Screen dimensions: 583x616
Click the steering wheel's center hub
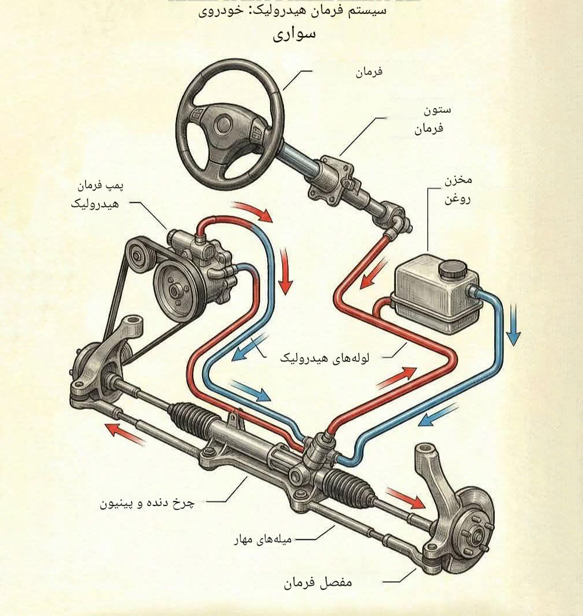[224, 124]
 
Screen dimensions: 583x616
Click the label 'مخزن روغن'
[458, 190]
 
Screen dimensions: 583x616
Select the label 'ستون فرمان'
[433, 119]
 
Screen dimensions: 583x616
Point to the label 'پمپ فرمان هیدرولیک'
[96, 195]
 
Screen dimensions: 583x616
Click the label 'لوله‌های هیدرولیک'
[325, 359]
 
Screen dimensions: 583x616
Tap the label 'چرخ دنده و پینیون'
[147, 503]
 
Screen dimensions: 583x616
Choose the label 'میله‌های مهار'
[263, 540]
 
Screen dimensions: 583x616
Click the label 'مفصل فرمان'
[318, 582]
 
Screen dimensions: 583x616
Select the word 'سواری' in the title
[294, 34]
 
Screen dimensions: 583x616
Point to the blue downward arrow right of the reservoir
[513, 325]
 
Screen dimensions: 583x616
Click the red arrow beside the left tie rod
[125, 434]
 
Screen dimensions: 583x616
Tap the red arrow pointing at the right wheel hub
[405, 498]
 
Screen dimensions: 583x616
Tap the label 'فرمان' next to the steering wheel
[369, 72]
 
